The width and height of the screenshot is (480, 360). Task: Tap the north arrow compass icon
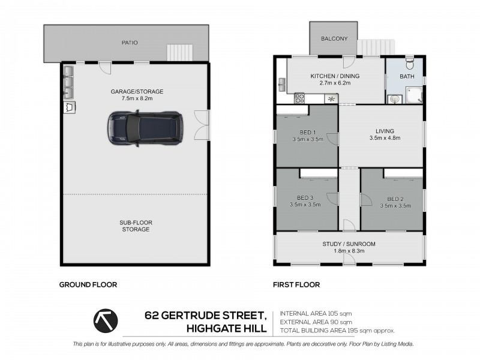pos(106,321)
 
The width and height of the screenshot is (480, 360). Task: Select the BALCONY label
pos(334,39)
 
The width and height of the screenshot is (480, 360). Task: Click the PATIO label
pos(129,43)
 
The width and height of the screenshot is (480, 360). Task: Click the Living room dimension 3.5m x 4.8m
pos(385,138)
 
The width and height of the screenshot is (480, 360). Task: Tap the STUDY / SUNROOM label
pos(349,244)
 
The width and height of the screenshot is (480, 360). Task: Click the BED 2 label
pos(395,199)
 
